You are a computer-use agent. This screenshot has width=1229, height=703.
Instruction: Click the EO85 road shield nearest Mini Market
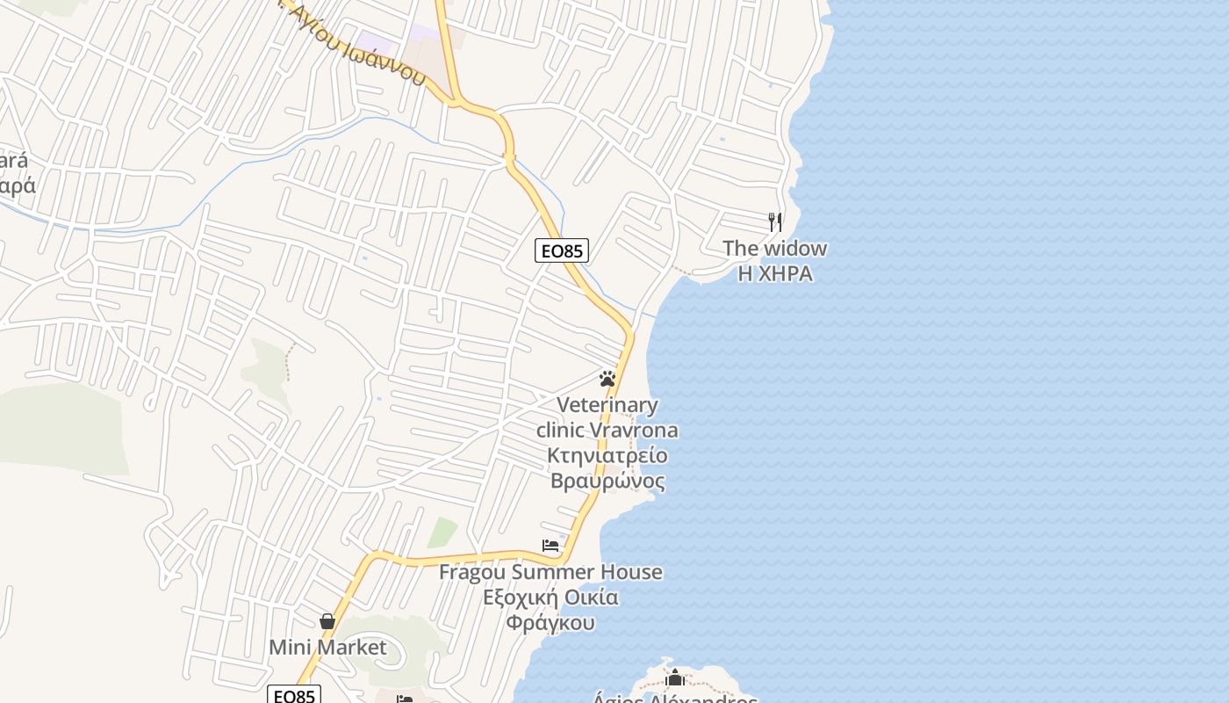click(x=294, y=696)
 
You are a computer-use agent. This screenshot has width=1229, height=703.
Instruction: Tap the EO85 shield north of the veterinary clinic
click(x=562, y=250)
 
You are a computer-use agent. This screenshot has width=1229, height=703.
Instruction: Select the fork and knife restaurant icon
click(x=774, y=221)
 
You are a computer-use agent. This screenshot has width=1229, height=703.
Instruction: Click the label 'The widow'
click(x=774, y=248)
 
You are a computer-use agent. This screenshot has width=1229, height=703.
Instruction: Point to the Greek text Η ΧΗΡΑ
click(x=774, y=273)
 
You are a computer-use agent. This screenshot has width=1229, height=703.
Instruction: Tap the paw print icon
click(x=607, y=379)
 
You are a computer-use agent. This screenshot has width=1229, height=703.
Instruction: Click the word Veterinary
click(x=607, y=405)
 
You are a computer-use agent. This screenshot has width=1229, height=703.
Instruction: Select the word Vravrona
click(x=635, y=431)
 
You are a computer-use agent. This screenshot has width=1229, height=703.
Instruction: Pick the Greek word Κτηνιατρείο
click(x=607, y=455)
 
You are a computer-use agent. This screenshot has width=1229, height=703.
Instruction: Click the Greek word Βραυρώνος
click(x=607, y=481)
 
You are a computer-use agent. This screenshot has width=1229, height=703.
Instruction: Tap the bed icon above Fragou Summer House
click(x=550, y=546)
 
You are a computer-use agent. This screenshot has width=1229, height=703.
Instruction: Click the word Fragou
click(x=472, y=572)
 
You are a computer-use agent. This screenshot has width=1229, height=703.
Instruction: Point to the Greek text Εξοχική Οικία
click(x=550, y=598)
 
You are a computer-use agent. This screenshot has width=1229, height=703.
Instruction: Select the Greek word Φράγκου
click(x=550, y=623)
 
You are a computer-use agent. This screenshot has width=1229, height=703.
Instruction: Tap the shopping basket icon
click(x=327, y=621)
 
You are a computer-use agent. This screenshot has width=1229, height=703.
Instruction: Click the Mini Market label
click(x=327, y=648)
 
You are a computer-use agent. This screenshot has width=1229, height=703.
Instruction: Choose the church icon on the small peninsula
click(x=675, y=678)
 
